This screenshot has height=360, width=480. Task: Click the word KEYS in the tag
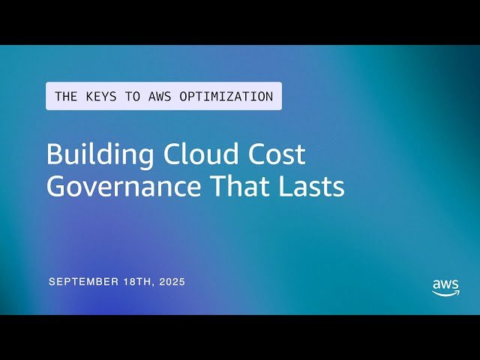(x=98, y=97)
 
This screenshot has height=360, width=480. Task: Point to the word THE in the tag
(x=66, y=97)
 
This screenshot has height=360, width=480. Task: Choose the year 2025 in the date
(x=171, y=282)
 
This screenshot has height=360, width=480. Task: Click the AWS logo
(x=445, y=287)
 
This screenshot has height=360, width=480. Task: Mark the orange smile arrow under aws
(x=445, y=294)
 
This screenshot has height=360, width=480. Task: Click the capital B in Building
(x=54, y=155)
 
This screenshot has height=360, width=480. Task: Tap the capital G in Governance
(x=56, y=187)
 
